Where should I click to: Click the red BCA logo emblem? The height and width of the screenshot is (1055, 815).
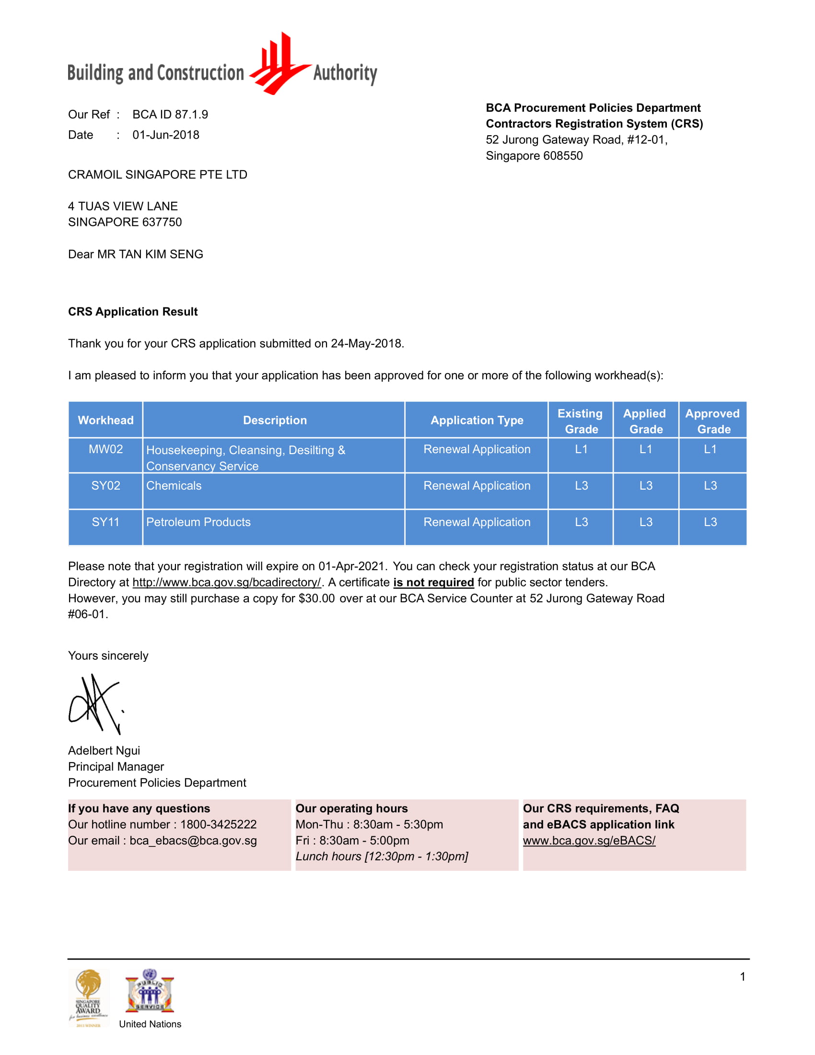[x=279, y=64]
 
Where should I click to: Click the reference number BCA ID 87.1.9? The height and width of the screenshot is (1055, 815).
[x=170, y=115]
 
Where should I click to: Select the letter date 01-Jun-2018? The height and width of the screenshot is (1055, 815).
[x=165, y=135]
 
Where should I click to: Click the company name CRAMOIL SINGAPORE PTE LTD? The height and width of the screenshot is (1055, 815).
[x=157, y=175]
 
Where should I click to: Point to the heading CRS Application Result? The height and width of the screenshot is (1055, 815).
[x=133, y=312]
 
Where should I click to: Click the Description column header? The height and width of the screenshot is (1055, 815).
[x=274, y=420]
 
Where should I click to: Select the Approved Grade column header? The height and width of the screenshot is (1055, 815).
[x=711, y=421]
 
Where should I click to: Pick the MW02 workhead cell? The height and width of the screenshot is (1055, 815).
[x=105, y=449]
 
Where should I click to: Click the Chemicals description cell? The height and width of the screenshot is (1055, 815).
[x=174, y=485]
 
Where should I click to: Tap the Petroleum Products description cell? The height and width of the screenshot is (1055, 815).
[x=198, y=522]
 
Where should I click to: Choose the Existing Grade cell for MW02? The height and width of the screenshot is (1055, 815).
[x=581, y=449]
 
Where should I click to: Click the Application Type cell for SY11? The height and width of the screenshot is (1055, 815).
[x=476, y=522]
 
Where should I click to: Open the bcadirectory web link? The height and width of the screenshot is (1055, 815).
[x=226, y=582]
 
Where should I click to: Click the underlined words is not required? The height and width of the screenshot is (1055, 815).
[x=433, y=582]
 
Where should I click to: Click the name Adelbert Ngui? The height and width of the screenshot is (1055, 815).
[x=104, y=750]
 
